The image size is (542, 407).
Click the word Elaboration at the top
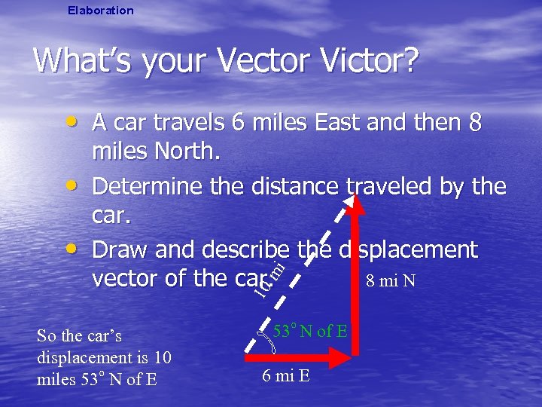(x=100, y=11)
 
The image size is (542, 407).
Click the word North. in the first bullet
(x=156, y=153)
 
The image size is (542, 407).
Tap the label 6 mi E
(x=285, y=376)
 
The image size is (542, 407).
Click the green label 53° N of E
(x=309, y=330)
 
